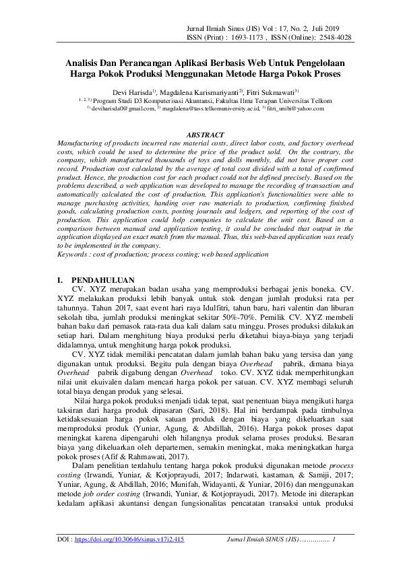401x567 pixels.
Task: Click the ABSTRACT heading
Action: coord(204,135)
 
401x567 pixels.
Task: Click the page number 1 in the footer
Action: coord(334,539)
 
